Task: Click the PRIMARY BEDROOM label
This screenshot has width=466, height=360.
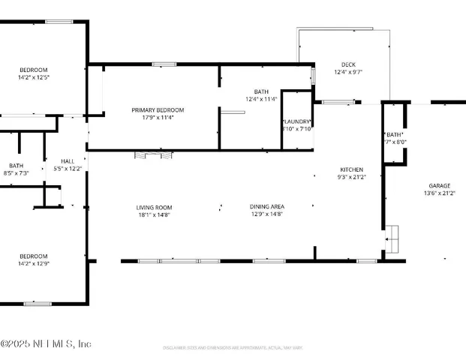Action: [158, 110]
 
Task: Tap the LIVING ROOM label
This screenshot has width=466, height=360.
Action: [154, 208]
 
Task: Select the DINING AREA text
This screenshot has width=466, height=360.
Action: [266, 206]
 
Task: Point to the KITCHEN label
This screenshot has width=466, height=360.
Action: [351, 169]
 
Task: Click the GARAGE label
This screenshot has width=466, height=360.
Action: [439, 186]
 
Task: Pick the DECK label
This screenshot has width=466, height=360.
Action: [347, 64]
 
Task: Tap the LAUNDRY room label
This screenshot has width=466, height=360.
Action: [296, 121]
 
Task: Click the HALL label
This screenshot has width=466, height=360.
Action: [68, 161]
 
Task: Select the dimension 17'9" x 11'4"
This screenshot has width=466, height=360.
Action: [158, 117]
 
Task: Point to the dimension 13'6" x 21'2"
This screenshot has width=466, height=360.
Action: [439, 193]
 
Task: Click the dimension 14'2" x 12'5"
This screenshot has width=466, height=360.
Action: [33, 76]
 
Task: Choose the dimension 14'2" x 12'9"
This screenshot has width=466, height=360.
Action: [33, 263]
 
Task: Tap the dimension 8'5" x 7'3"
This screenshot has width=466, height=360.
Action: [16, 173]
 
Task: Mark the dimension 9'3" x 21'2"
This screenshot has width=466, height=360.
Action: [351, 177]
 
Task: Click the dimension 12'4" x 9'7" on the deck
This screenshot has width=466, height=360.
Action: [347, 72]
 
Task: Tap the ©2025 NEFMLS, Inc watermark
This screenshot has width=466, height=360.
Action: [46, 343]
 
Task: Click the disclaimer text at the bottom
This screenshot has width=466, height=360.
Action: [233, 347]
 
